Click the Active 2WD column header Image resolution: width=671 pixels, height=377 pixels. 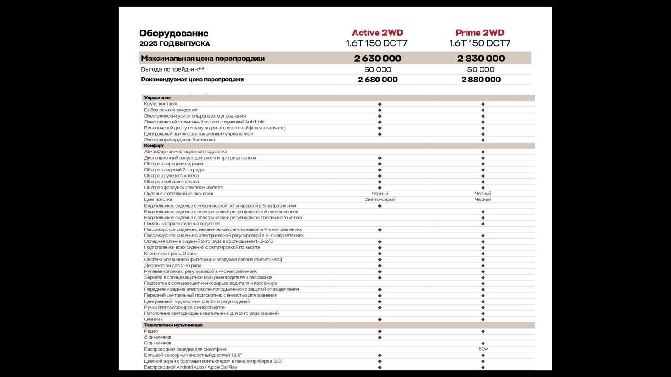[377, 33]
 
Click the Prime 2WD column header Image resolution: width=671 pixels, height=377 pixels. [480, 33]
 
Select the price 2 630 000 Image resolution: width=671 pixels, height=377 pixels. [378, 59]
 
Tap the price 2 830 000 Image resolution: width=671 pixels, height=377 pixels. [481, 59]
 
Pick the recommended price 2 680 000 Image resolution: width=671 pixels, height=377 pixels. [378, 80]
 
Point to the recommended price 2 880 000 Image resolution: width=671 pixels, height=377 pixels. [481, 80]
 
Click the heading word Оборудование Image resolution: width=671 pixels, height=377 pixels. [174, 33]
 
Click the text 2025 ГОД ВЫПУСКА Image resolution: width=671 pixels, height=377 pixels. [174, 44]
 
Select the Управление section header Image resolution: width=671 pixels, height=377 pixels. [157, 98]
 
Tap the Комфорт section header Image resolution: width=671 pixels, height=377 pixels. [154, 146]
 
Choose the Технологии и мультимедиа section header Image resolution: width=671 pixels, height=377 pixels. [173, 325]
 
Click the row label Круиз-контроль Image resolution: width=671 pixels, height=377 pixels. [161, 104]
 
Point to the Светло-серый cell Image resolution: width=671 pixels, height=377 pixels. [380, 199]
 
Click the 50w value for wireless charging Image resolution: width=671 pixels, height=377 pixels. [483, 349]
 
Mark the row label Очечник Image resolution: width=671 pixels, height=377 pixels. [153, 319]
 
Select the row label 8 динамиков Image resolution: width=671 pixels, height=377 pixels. [157, 343]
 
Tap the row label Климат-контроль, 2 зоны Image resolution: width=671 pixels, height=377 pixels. [170, 254]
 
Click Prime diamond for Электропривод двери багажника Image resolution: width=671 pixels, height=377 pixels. [483, 140]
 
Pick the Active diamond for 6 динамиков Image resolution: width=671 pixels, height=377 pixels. [380, 337]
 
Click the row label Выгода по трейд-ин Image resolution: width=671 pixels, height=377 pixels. [173, 69]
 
